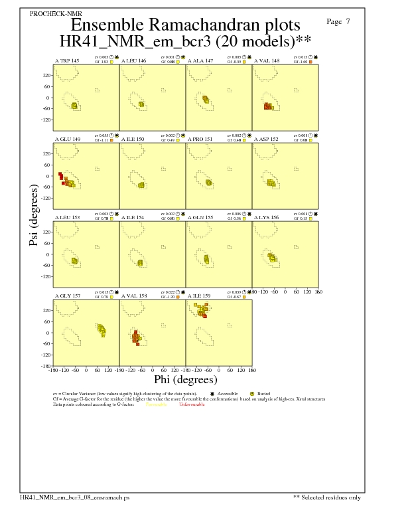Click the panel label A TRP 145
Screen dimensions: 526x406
pyautogui.click(x=66, y=60)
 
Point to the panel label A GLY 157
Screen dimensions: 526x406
pyautogui.click(x=66, y=296)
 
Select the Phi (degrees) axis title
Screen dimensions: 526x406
pyautogui.click(x=185, y=380)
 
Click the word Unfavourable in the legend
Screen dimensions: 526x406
pyautogui.click(x=192, y=404)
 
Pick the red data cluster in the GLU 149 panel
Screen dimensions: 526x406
pyautogui.click(x=61, y=177)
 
